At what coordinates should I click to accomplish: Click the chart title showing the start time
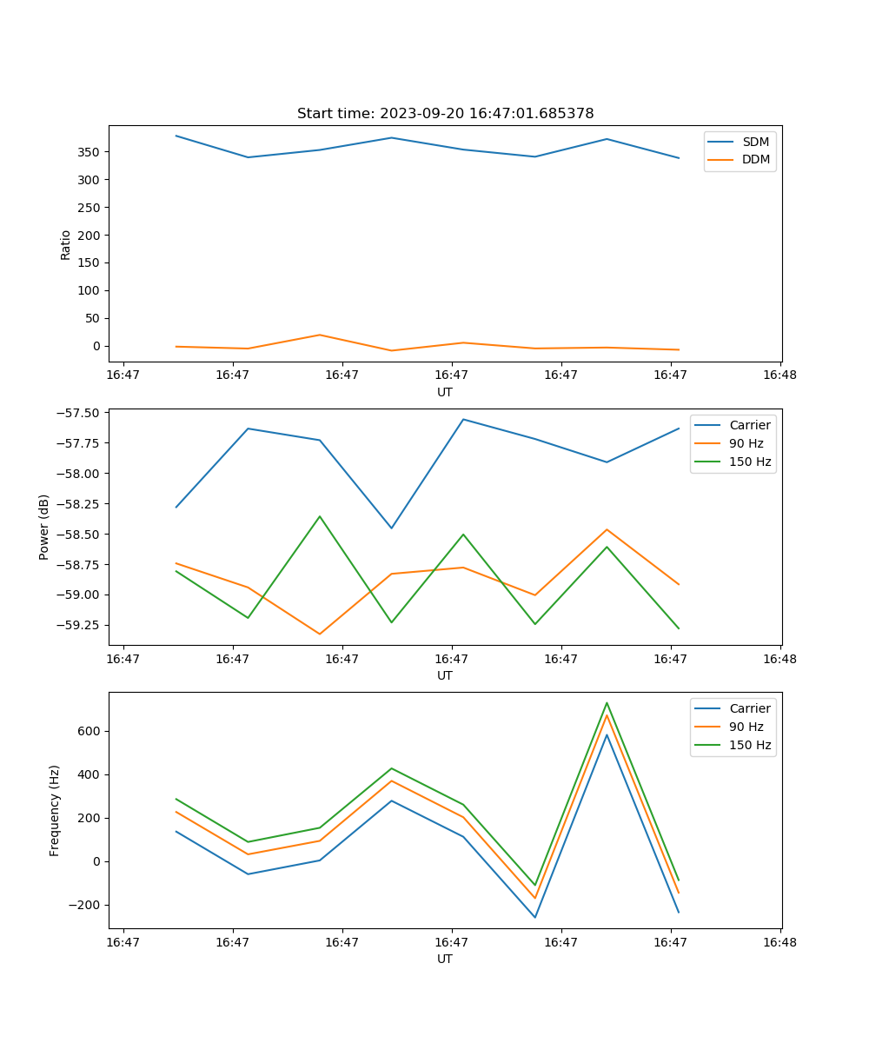click(445, 114)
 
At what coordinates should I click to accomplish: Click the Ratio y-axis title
click(66, 244)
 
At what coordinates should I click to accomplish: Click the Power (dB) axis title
click(44, 527)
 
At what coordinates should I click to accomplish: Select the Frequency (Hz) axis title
click(55, 810)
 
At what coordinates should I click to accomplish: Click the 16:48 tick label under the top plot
click(779, 375)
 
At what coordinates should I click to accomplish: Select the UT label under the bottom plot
click(445, 959)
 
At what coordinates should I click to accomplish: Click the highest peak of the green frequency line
click(607, 702)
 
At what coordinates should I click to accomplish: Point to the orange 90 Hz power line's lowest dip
click(320, 634)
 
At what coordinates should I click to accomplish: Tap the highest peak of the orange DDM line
click(320, 335)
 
